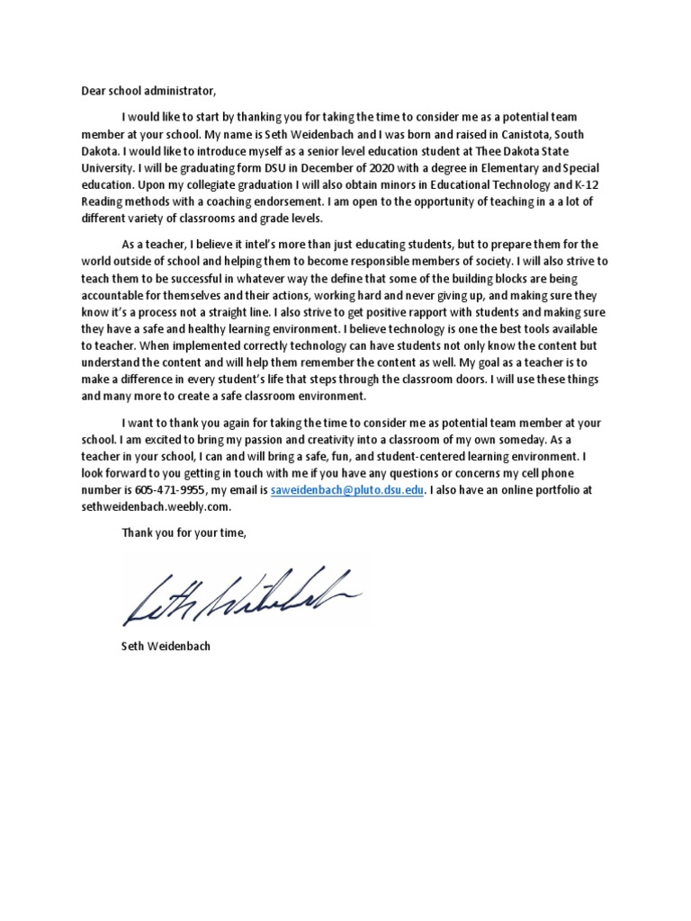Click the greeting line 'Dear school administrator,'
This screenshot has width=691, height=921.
[146, 91]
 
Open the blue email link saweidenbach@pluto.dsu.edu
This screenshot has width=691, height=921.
[346, 491]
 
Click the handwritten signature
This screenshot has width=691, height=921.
[241, 595]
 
